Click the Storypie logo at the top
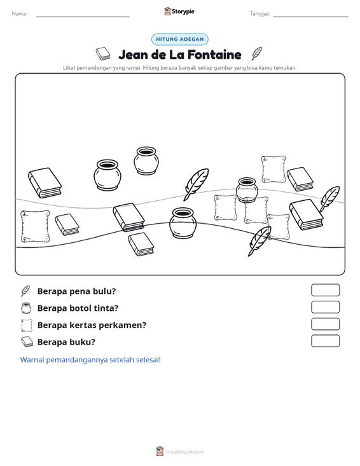[x=179, y=11]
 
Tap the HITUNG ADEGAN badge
[x=180, y=39]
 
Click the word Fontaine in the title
[x=214, y=55]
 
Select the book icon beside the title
[x=103, y=53]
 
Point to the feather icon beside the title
[x=256, y=53]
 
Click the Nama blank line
[x=83, y=17]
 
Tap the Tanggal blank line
[x=310, y=17]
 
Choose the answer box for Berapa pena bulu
[x=325, y=290]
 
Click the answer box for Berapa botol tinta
[x=325, y=307]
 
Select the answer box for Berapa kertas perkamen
[x=325, y=324]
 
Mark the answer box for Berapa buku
[x=325, y=341]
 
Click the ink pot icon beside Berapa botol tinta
[x=26, y=308]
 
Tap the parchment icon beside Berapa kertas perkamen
[x=27, y=325]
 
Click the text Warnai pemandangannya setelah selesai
[x=90, y=360]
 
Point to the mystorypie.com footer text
[x=184, y=452]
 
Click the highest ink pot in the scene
[x=146, y=160]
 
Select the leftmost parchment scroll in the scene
[x=35, y=226]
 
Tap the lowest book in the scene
[x=141, y=244]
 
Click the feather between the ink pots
[x=196, y=184]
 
